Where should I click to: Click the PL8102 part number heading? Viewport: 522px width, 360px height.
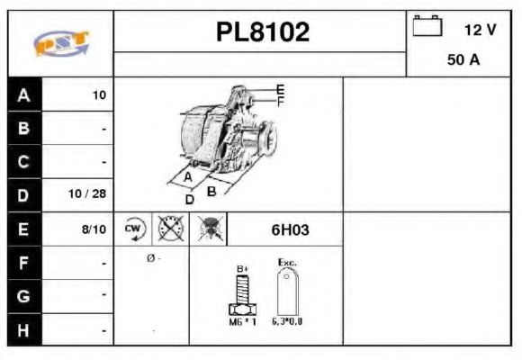pyautogui.click(x=262, y=32)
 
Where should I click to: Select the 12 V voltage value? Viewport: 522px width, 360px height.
pyautogui.click(x=480, y=30)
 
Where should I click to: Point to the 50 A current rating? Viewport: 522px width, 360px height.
pyautogui.click(x=463, y=60)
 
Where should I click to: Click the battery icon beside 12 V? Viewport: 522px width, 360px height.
pyautogui.click(x=427, y=27)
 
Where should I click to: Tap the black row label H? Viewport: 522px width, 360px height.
pyautogui.click(x=23, y=330)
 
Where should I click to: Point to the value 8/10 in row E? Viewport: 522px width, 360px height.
pyautogui.click(x=94, y=229)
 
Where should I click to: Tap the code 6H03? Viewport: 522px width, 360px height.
pyautogui.click(x=290, y=229)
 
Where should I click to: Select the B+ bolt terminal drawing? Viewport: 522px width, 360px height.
pyautogui.click(x=241, y=294)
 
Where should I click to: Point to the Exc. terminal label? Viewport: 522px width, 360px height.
pyautogui.click(x=287, y=263)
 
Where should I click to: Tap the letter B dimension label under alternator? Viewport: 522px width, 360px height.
pyautogui.click(x=211, y=190)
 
